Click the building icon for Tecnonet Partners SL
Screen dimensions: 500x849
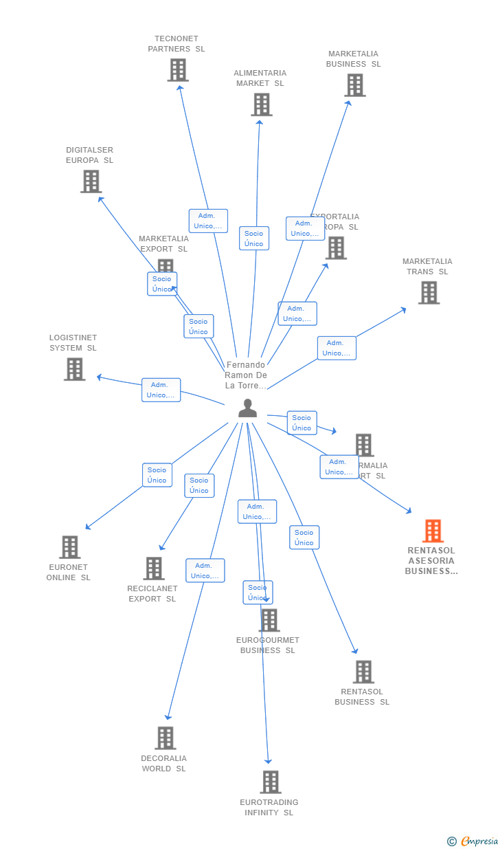[178, 70]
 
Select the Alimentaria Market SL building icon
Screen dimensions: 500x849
[261, 104]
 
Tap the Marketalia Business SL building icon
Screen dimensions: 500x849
[354, 85]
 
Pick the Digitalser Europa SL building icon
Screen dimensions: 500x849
[91, 181]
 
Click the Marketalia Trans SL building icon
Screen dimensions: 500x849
[429, 293]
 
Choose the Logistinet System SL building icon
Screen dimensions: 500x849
[74, 369]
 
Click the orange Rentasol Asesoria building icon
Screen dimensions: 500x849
[433, 531]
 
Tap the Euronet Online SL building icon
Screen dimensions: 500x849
[69, 547]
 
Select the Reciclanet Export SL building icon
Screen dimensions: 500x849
[154, 569]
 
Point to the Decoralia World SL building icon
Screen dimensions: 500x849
[165, 738]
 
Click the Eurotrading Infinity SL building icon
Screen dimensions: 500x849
[271, 782]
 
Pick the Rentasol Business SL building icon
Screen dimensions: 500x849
[363, 672]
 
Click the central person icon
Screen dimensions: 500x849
[247, 408]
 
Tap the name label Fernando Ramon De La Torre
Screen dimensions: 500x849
[246, 375]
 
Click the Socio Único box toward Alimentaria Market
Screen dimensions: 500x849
[253, 239]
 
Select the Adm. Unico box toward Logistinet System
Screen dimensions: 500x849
[161, 390]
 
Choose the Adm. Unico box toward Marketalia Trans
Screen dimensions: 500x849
[337, 348]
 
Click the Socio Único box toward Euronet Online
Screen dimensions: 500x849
[157, 475]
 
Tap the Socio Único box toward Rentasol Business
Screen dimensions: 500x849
[304, 538]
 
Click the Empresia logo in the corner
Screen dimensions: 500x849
[473, 841]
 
